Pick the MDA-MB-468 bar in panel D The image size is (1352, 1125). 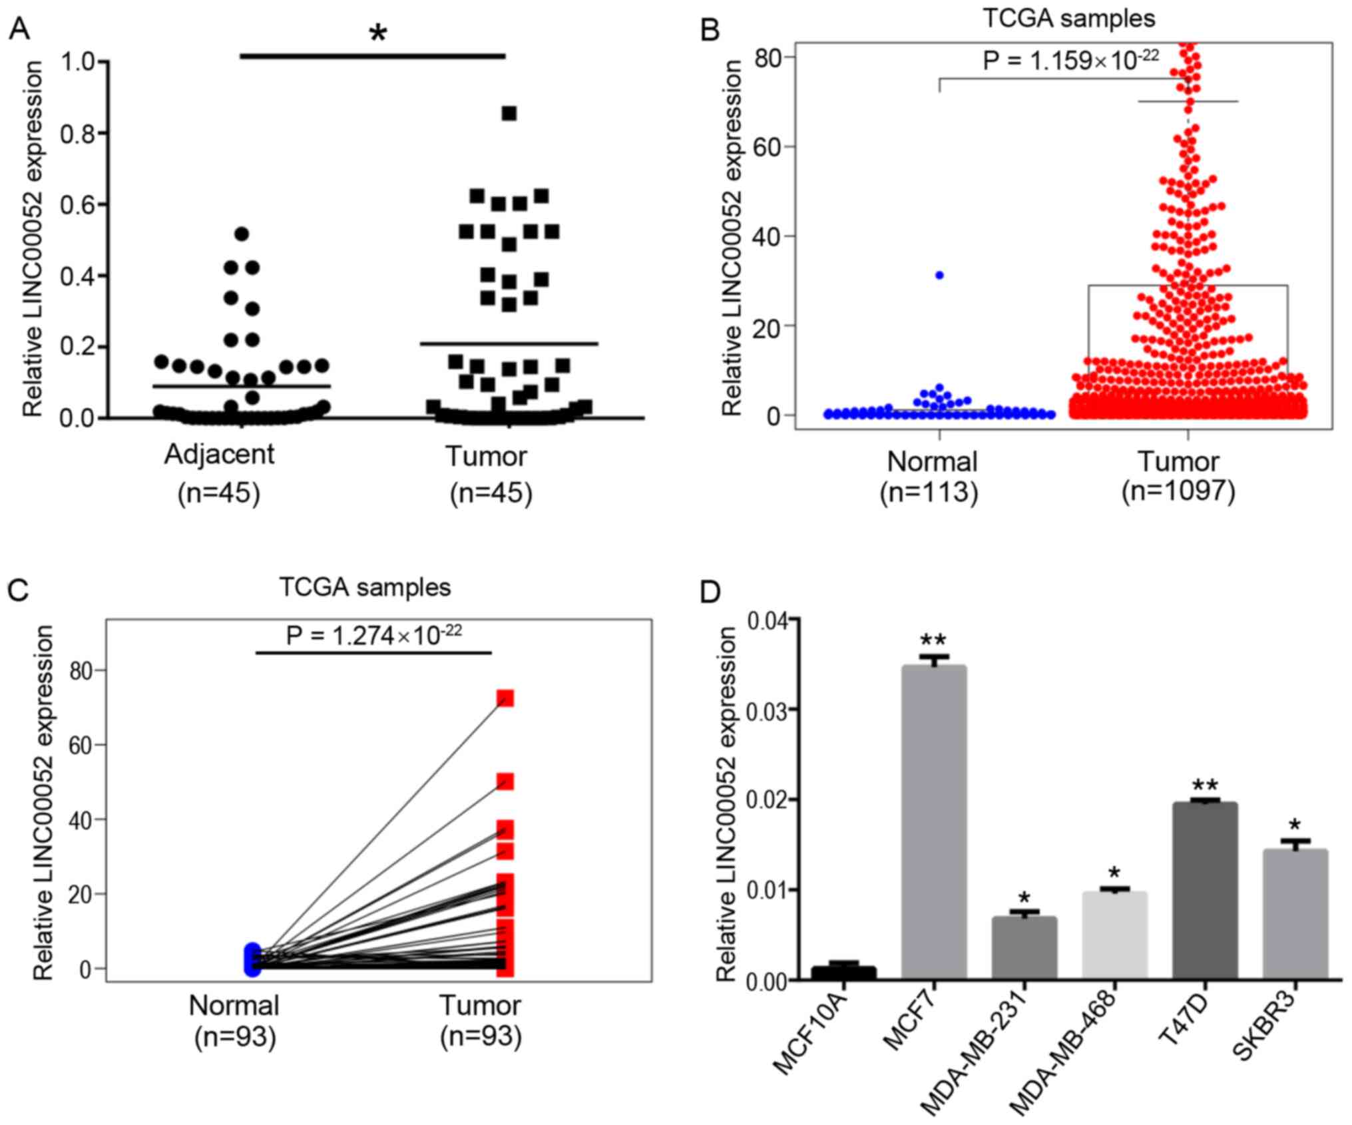point(1114,935)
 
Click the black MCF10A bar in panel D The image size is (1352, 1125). point(843,972)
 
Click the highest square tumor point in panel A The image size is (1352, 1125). point(509,114)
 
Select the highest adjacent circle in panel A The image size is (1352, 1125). point(242,234)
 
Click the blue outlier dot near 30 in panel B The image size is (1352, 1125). point(939,275)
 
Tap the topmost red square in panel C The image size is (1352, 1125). point(505,698)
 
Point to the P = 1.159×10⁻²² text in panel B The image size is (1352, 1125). point(1071,61)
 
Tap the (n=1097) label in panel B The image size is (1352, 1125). point(1178,492)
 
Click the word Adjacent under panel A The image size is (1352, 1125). point(219,455)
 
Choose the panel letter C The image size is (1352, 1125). point(18,590)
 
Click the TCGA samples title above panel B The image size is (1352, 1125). point(1069,18)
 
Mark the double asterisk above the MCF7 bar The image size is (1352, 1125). point(933,640)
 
